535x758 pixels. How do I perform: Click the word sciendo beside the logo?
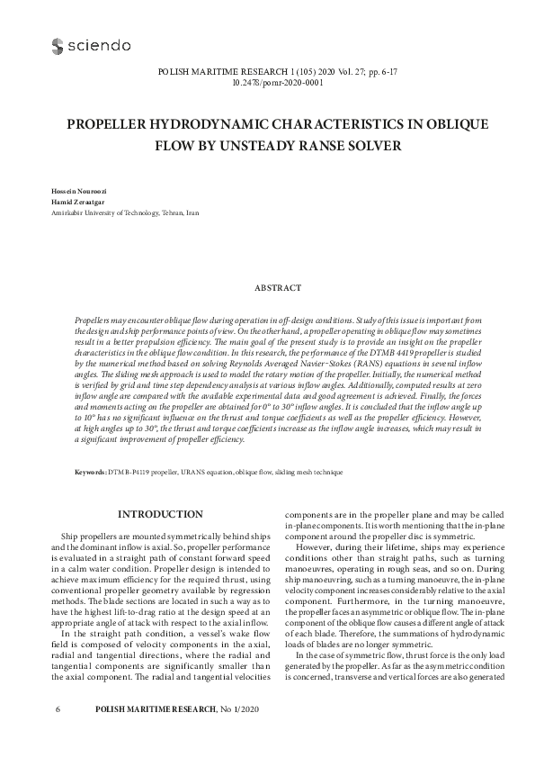click(x=101, y=45)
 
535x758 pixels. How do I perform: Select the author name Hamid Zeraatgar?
click(x=75, y=203)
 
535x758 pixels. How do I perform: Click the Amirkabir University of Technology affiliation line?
click(x=125, y=213)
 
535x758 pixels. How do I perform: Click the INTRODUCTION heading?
click(x=160, y=514)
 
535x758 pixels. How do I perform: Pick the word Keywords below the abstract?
click(x=91, y=471)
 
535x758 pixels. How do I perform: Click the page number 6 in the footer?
click(x=58, y=735)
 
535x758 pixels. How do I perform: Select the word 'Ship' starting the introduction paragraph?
click(x=68, y=535)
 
